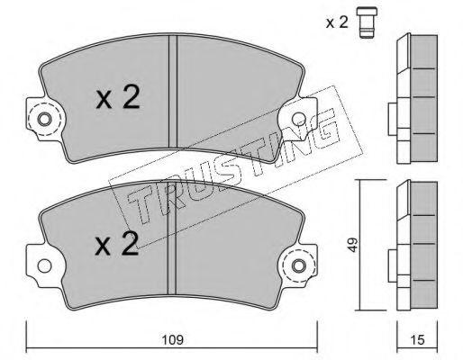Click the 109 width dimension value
pos(173,340)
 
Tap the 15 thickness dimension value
pos(417,340)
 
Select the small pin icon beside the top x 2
pos(367,22)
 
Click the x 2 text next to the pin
pos(337,22)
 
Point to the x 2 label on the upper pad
pos(118,96)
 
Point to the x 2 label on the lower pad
pos(116,244)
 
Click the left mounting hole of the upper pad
pos(44,120)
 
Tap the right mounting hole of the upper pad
pos(299,120)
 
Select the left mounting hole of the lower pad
pos(44,265)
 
